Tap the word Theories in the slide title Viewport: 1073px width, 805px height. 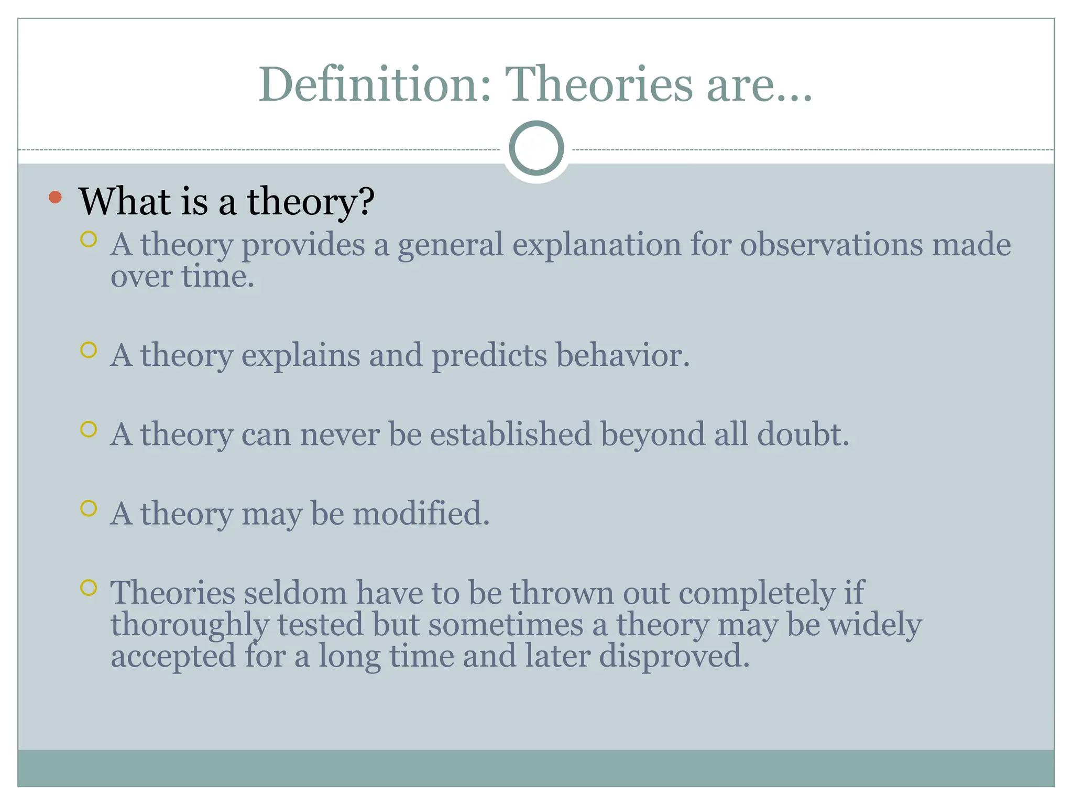point(599,84)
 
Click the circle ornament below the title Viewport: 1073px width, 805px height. point(536,148)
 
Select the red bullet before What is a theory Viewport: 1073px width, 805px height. point(55,198)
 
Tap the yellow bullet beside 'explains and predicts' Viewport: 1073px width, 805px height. point(89,350)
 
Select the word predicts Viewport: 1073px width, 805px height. point(489,356)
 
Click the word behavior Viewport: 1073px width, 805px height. point(622,356)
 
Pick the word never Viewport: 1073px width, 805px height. point(340,434)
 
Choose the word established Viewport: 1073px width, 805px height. point(510,434)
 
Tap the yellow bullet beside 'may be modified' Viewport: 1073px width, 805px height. point(89,508)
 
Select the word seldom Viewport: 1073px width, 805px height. point(295,593)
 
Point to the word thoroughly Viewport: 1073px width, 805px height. point(189,625)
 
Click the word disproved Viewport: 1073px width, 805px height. point(674,656)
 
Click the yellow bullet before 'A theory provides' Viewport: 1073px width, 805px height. point(89,240)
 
